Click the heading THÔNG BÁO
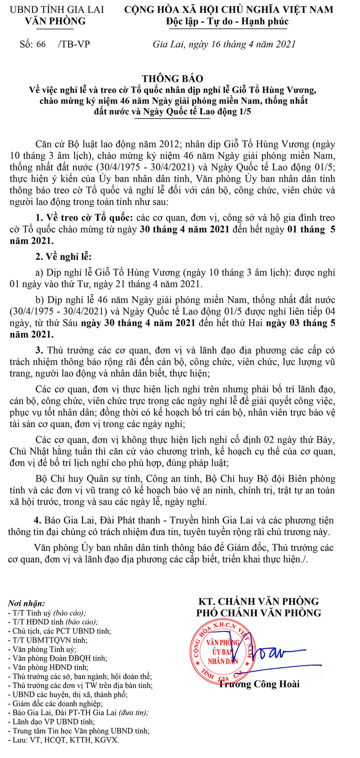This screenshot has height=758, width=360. point(172,78)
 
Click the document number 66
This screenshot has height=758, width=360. point(41,44)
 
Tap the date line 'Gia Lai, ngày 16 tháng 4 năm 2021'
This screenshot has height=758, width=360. point(224,44)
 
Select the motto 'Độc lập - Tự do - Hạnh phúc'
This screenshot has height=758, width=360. point(227,21)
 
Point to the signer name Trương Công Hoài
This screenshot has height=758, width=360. point(259,684)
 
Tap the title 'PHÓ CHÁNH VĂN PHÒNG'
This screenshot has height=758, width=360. point(259,613)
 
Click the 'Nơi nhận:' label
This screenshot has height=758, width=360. point(26,603)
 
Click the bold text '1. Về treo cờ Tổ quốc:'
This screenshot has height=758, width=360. point(84,218)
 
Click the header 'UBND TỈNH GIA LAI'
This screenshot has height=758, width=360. point(56,10)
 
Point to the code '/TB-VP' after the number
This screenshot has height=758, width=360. point(74,44)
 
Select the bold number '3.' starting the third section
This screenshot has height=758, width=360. point(39,350)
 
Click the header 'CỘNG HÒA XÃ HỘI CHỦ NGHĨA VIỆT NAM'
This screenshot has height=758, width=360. point(228,10)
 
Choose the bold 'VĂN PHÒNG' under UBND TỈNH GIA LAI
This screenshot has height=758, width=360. point(55,21)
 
